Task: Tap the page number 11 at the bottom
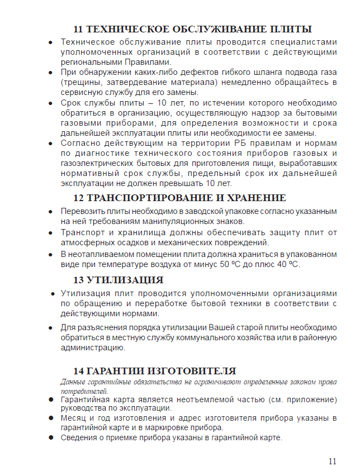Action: [333, 461]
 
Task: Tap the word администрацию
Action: [92, 348]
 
